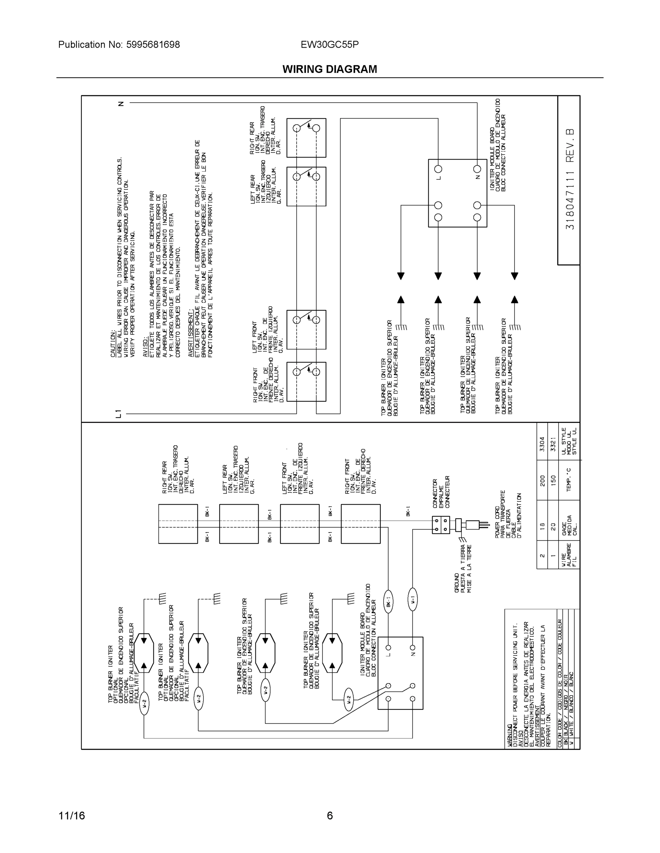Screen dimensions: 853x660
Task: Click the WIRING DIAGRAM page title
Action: (x=329, y=69)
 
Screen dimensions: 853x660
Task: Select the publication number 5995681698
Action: (x=153, y=44)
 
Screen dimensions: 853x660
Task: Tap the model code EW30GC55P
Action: (x=329, y=44)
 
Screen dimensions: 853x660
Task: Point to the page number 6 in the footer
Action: (x=329, y=816)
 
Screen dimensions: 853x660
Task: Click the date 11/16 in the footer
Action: (x=72, y=816)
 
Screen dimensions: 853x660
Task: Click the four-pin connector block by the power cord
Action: (x=440, y=525)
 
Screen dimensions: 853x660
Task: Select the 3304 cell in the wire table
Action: (x=542, y=444)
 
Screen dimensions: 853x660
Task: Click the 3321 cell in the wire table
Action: (x=553, y=444)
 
